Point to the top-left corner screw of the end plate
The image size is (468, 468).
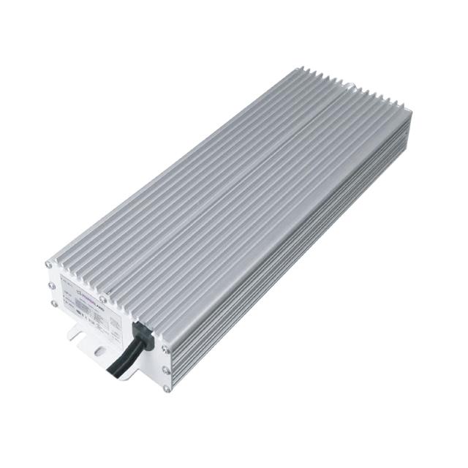click(49, 264)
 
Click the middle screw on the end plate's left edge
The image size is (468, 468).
click(51, 284)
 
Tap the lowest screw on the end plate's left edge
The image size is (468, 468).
click(53, 303)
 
